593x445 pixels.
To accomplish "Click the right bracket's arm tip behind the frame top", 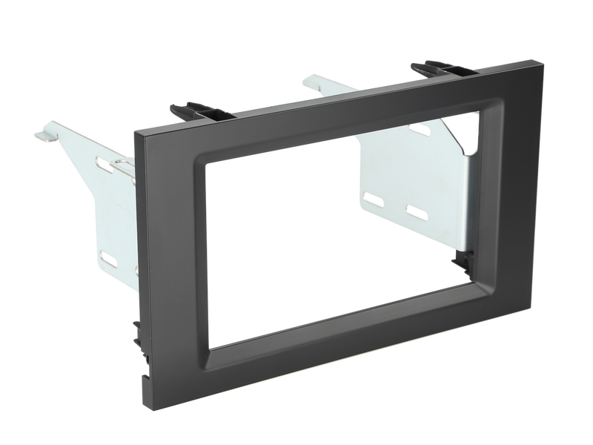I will coord(303,79).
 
